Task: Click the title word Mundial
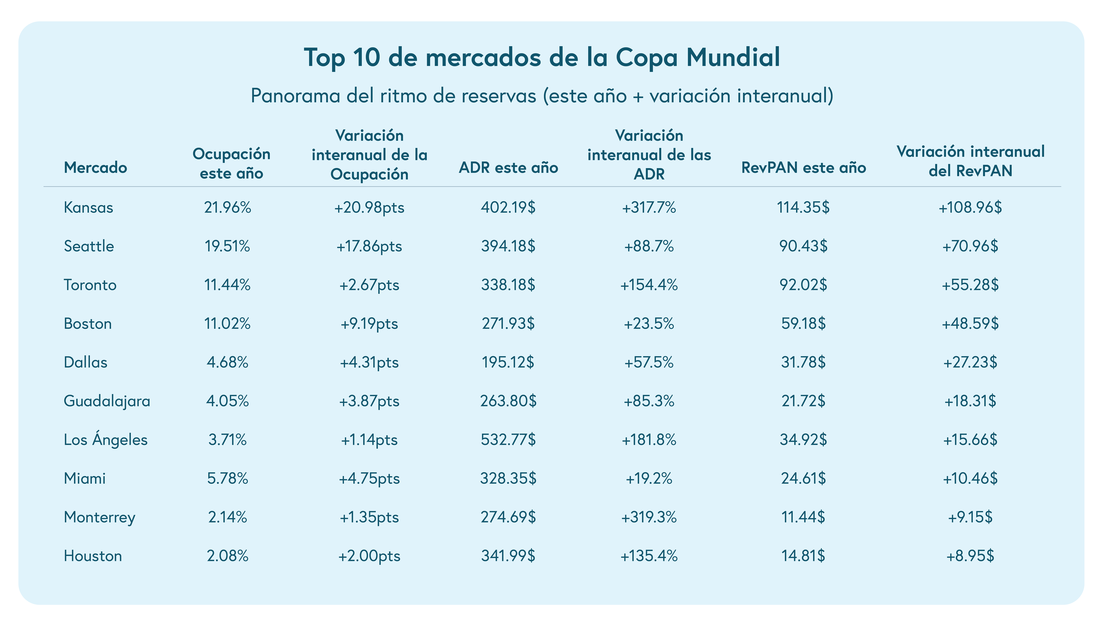tap(733, 57)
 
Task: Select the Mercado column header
tap(95, 167)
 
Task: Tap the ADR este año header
tap(508, 167)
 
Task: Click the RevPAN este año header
tap(803, 167)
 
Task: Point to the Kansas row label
tap(88, 207)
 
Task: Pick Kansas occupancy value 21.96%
tap(227, 207)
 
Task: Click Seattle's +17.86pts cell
tap(369, 246)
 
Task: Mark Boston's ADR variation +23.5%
tap(649, 324)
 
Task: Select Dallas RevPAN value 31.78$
tap(803, 362)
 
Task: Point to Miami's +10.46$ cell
tap(970, 478)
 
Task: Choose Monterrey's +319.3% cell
tap(649, 517)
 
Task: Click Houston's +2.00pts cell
tap(369, 556)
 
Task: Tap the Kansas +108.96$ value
tap(970, 207)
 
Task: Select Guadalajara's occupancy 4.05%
tap(227, 401)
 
